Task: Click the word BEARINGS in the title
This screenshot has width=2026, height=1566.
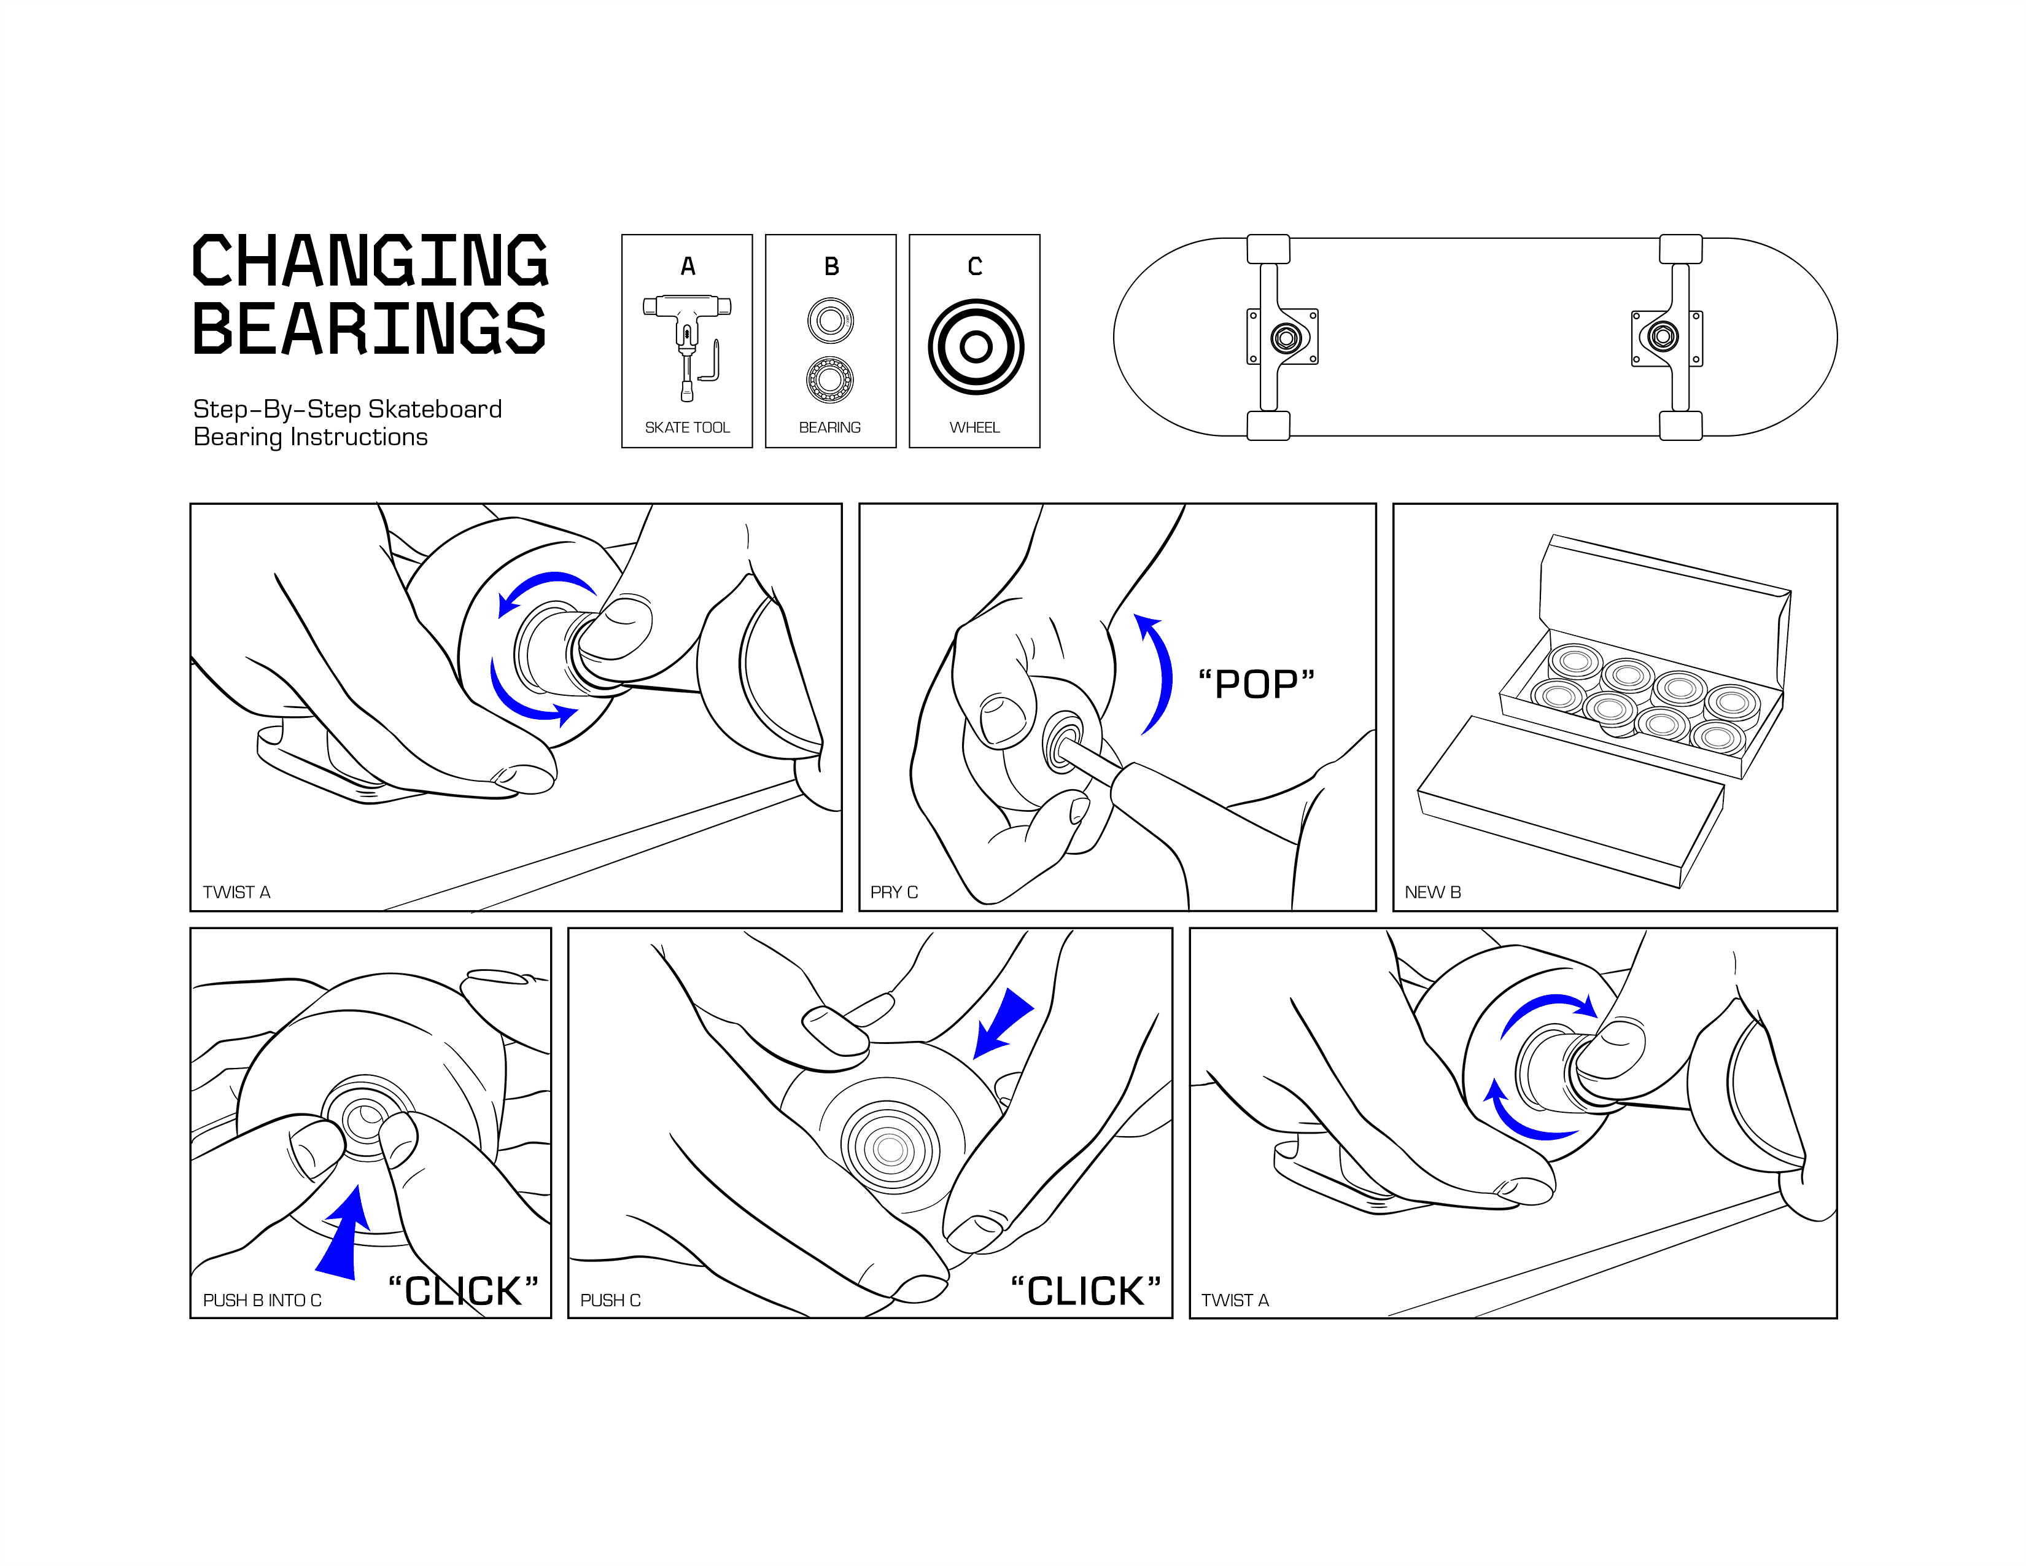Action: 369,329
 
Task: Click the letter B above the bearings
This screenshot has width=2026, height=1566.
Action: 831,267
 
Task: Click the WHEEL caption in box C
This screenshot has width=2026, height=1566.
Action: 974,427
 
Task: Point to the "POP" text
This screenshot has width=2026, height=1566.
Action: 1256,685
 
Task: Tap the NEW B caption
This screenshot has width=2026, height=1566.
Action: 1432,892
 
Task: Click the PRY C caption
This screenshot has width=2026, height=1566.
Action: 893,892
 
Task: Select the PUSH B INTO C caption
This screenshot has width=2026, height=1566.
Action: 262,1301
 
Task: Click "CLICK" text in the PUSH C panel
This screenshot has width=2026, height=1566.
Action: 1085,1291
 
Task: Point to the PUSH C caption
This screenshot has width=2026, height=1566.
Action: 610,1301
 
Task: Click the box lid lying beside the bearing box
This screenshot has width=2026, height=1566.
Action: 1570,800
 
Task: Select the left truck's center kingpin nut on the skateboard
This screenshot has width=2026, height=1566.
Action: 1285,338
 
